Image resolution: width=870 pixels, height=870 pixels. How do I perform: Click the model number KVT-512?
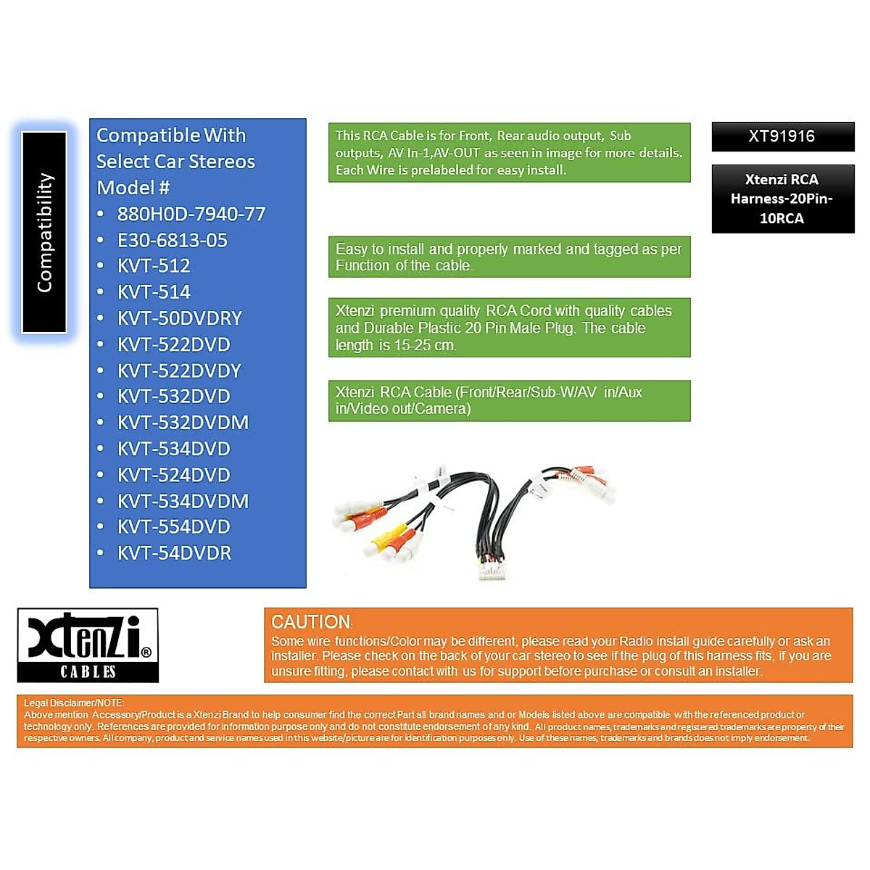pyautogui.click(x=154, y=266)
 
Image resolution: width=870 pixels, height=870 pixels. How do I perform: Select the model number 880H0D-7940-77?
pyautogui.click(x=191, y=214)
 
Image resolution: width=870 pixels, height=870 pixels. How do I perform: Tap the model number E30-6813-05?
pyautogui.click(x=173, y=240)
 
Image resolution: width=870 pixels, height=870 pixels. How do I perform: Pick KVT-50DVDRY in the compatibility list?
pyautogui.click(x=180, y=318)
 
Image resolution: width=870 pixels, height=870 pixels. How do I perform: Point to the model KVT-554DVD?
pyautogui.click(x=174, y=527)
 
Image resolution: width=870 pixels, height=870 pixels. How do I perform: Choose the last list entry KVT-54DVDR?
pyautogui.click(x=174, y=553)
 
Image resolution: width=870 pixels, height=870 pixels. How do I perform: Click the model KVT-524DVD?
pyautogui.click(x=174, y=475)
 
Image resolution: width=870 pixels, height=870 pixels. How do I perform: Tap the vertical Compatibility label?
pyautogui.click(x=45, y=232)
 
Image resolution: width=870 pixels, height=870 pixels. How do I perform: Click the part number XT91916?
pyautogui.click(x=782, y=136)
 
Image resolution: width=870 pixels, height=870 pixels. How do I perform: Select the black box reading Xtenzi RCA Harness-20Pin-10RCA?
pyautogui.click(x=782, y=199)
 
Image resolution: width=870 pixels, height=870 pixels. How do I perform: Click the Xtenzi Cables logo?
pyautogui.click(x=88, y=645)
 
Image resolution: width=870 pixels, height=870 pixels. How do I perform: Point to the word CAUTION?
pyautogui.click(x=311, y=622)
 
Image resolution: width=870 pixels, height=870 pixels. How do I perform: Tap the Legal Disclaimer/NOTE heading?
pyautogui.click(x=73, y=703)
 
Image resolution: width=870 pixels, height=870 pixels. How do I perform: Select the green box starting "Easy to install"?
pyautogui.click(x=508, y=257)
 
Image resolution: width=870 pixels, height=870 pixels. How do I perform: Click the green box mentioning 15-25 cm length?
pyautogui.click(x=508, y=328)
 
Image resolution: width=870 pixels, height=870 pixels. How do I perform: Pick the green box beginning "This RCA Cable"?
pyautogui.click(x=508, y=152)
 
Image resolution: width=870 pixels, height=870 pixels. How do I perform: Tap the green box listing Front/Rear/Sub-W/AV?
pyautogui.click(x=508, y=400)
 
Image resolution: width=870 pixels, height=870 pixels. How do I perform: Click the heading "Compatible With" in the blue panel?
pyautogui.click(x=171, y=136)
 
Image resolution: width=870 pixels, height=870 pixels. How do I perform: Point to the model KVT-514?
pyautogui.click(x=154, y=292)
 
